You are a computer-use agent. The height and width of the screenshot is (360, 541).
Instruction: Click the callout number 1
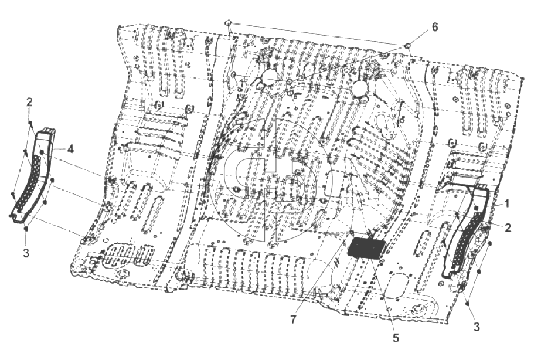pos(507,204)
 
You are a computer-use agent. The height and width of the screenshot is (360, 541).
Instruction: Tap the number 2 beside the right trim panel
pos(508,228)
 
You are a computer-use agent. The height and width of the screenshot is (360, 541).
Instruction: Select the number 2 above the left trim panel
pos(29,102)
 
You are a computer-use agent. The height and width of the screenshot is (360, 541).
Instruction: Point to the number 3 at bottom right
pos(477,327)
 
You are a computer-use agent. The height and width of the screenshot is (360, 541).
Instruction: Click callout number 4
pos(70,149)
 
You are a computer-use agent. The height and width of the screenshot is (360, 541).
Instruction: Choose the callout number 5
pos(396,338)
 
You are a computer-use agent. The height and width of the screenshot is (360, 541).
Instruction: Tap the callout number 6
pos(435,27)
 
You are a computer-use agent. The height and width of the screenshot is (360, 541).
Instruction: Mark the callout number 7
pos(293,320)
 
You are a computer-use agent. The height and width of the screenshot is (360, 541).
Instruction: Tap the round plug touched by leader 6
pos(407,45)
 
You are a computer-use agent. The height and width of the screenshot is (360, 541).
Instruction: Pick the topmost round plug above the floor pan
pos(228,23)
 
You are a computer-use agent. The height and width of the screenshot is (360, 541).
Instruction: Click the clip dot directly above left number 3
pos(26,228)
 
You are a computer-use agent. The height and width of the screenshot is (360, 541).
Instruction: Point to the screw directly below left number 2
pos(30,123)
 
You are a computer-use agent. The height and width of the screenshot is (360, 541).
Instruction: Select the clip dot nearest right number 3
pos(468,303)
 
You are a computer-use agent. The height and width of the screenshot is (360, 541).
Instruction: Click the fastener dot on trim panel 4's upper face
pos(42,151)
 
